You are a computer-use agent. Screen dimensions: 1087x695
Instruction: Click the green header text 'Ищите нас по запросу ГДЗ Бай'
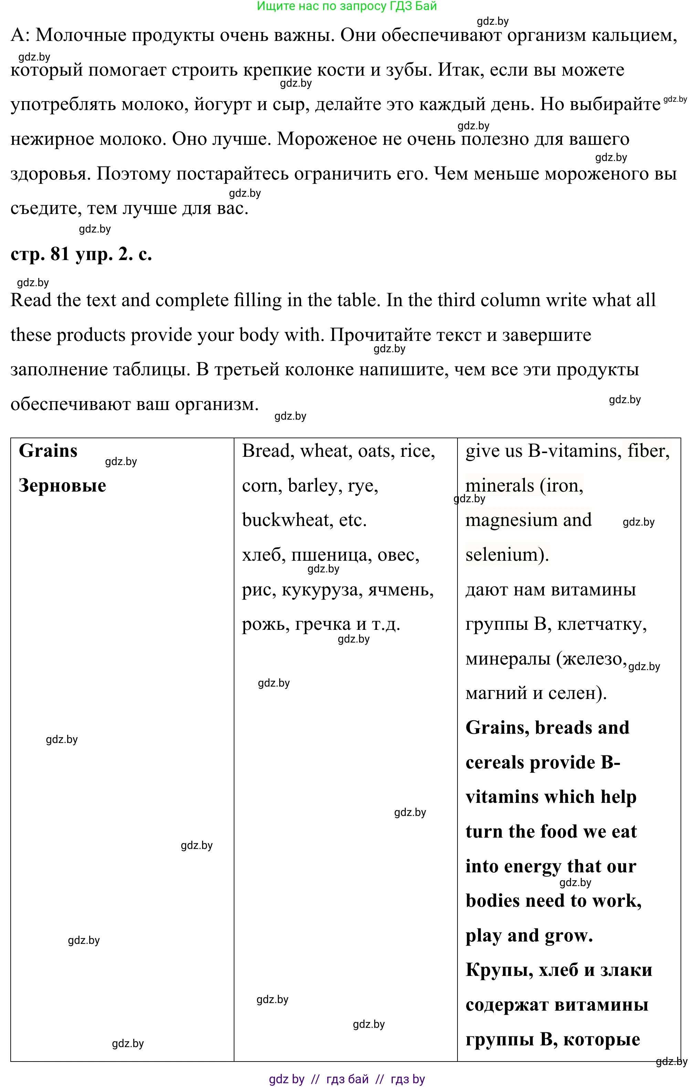pyautogui.click(x=347, y=6)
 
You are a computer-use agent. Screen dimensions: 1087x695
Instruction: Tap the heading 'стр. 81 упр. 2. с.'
pyautogui.click(x=81, y=254)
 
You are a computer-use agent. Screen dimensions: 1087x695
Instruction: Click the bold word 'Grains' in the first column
pyautogui.click(x=48, y=451)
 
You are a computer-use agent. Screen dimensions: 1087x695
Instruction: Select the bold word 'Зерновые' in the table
pyautogui.click(x=62, y=486)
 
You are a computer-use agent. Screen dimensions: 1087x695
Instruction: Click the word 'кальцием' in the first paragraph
pyautogui.click(x=634, y=35)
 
